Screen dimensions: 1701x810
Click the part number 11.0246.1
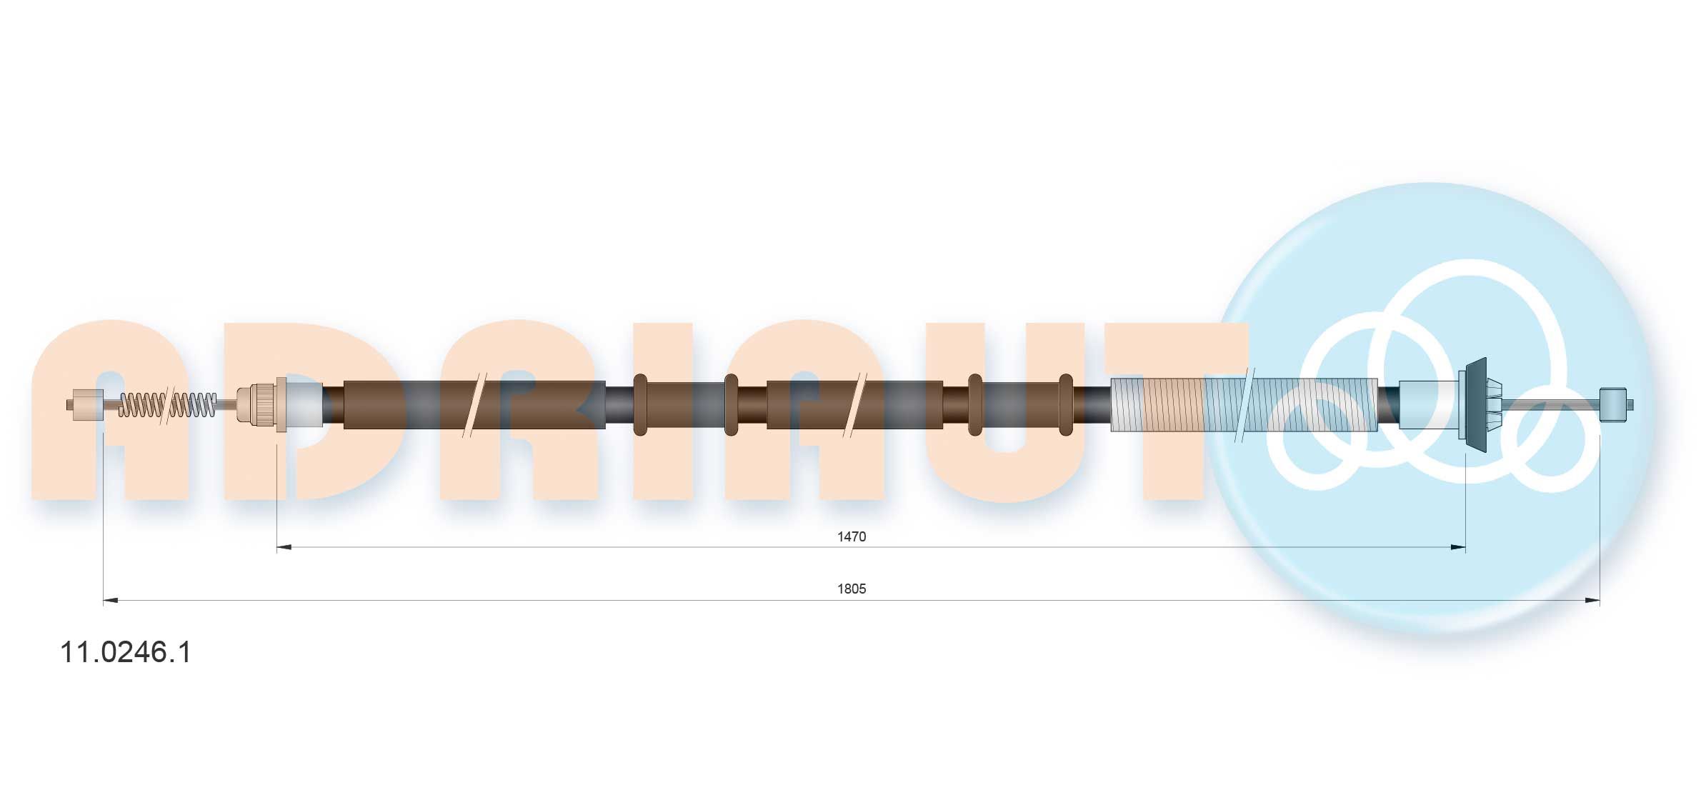click(x=126, y=653)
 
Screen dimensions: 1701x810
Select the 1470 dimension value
click(x=852, y=536)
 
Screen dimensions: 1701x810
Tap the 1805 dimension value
click(x=852, y=589)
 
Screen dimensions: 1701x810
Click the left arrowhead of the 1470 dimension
click(x=284, y=547)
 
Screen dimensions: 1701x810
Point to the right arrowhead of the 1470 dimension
click(x=1458, y=547)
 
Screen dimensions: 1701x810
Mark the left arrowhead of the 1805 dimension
click(x=111, y=600)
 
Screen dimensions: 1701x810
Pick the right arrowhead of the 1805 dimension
click(x=1592, y=600)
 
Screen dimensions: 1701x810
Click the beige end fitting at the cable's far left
click(x=85, y=405)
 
